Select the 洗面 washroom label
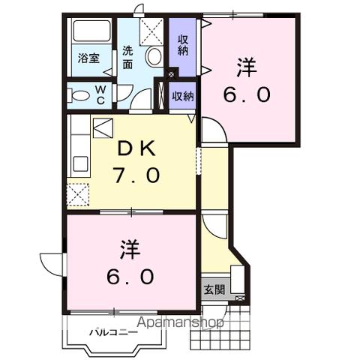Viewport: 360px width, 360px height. (x=127, y=58)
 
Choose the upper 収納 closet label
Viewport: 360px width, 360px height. (x=183, y=44)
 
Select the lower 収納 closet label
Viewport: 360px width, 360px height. (x=183, y=96)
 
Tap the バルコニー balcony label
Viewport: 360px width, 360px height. (x=113, y=330)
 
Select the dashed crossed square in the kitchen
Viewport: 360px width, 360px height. (x=77, y=195)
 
